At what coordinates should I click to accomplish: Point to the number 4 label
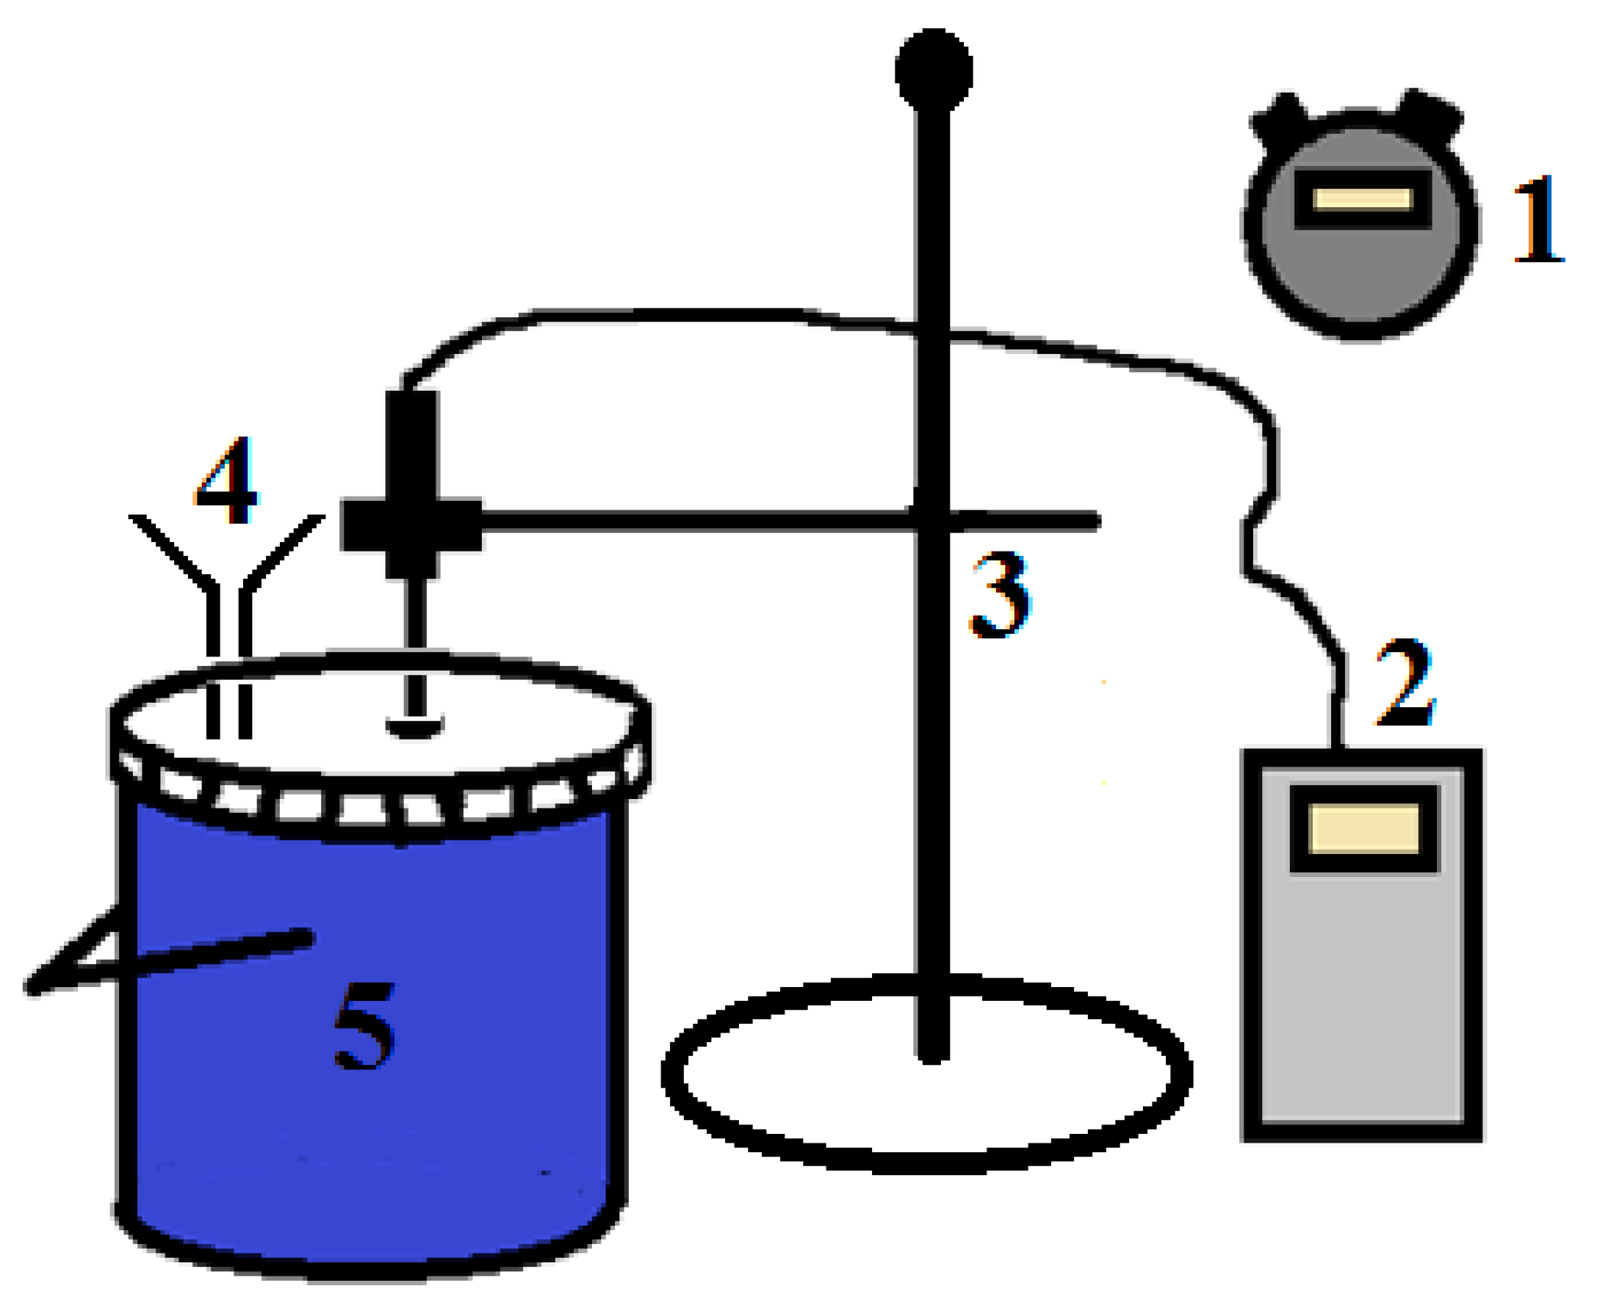pyautogui.click(x=226, y=481)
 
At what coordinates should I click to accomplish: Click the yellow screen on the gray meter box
pyautogui.click(x=1363, y=828)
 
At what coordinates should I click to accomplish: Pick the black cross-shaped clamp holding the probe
pyautogui.click(x=411, y=524)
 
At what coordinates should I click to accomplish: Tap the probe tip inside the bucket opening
pyautogui.click(x=414, y=726)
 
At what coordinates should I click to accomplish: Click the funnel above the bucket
pyautogui.click(x=227, y=571)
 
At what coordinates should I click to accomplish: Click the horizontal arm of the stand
pyautogui.click(x=699, y=521)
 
